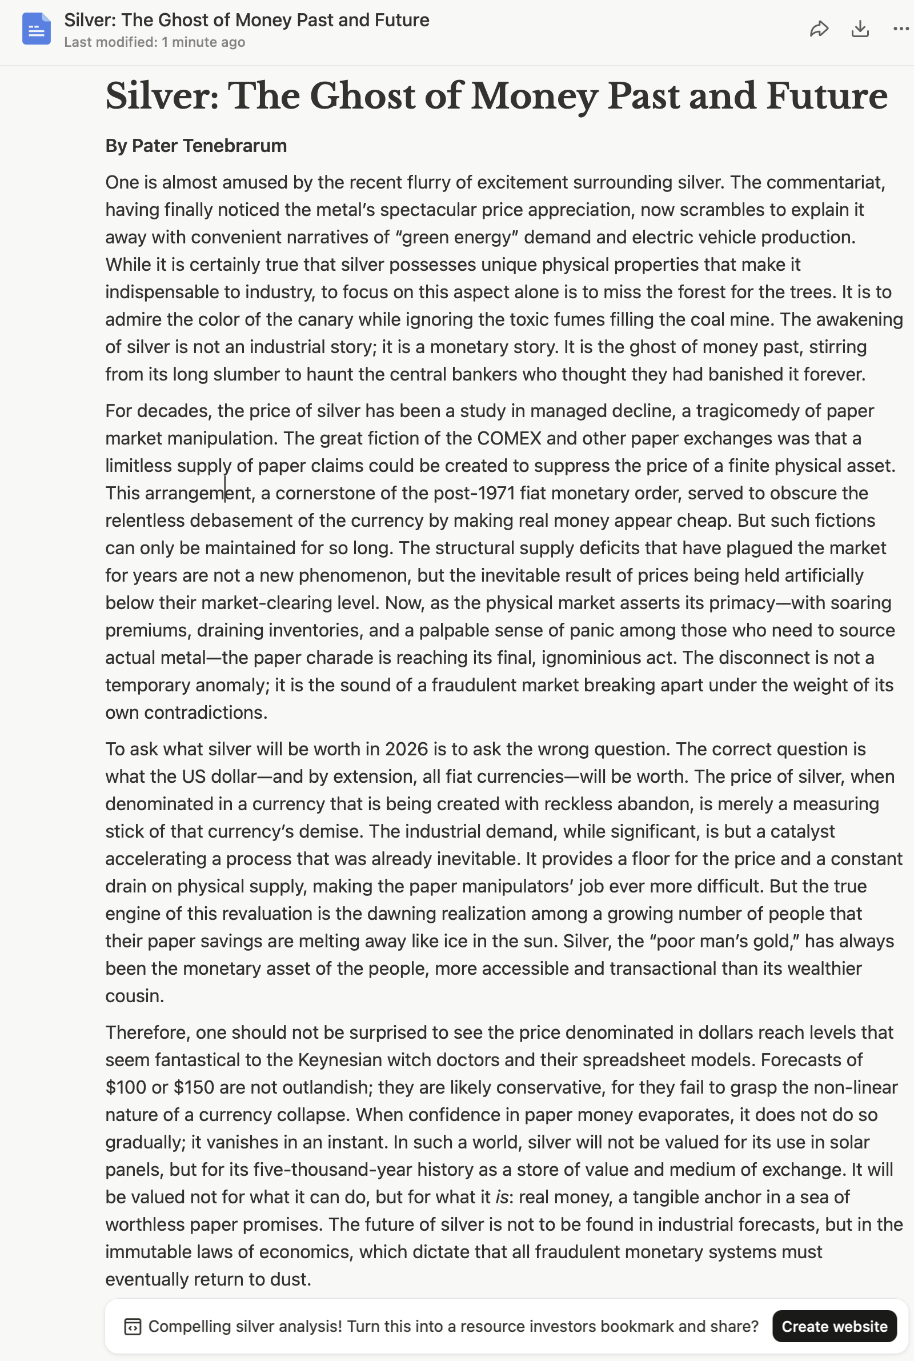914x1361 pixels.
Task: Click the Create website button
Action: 833,1326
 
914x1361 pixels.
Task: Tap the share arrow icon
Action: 819,29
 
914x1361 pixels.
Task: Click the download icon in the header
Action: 860,29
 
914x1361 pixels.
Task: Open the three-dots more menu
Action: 901,29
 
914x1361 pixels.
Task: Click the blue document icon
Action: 36,29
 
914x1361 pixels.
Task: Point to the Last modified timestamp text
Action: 154,42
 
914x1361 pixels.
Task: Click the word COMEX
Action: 509,438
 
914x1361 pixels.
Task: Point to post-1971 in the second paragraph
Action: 474,493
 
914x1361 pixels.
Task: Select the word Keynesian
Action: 335,1060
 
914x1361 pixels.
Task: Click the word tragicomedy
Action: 748,411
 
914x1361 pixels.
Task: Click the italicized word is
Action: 502,1196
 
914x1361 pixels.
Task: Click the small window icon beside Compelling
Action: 133,1327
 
